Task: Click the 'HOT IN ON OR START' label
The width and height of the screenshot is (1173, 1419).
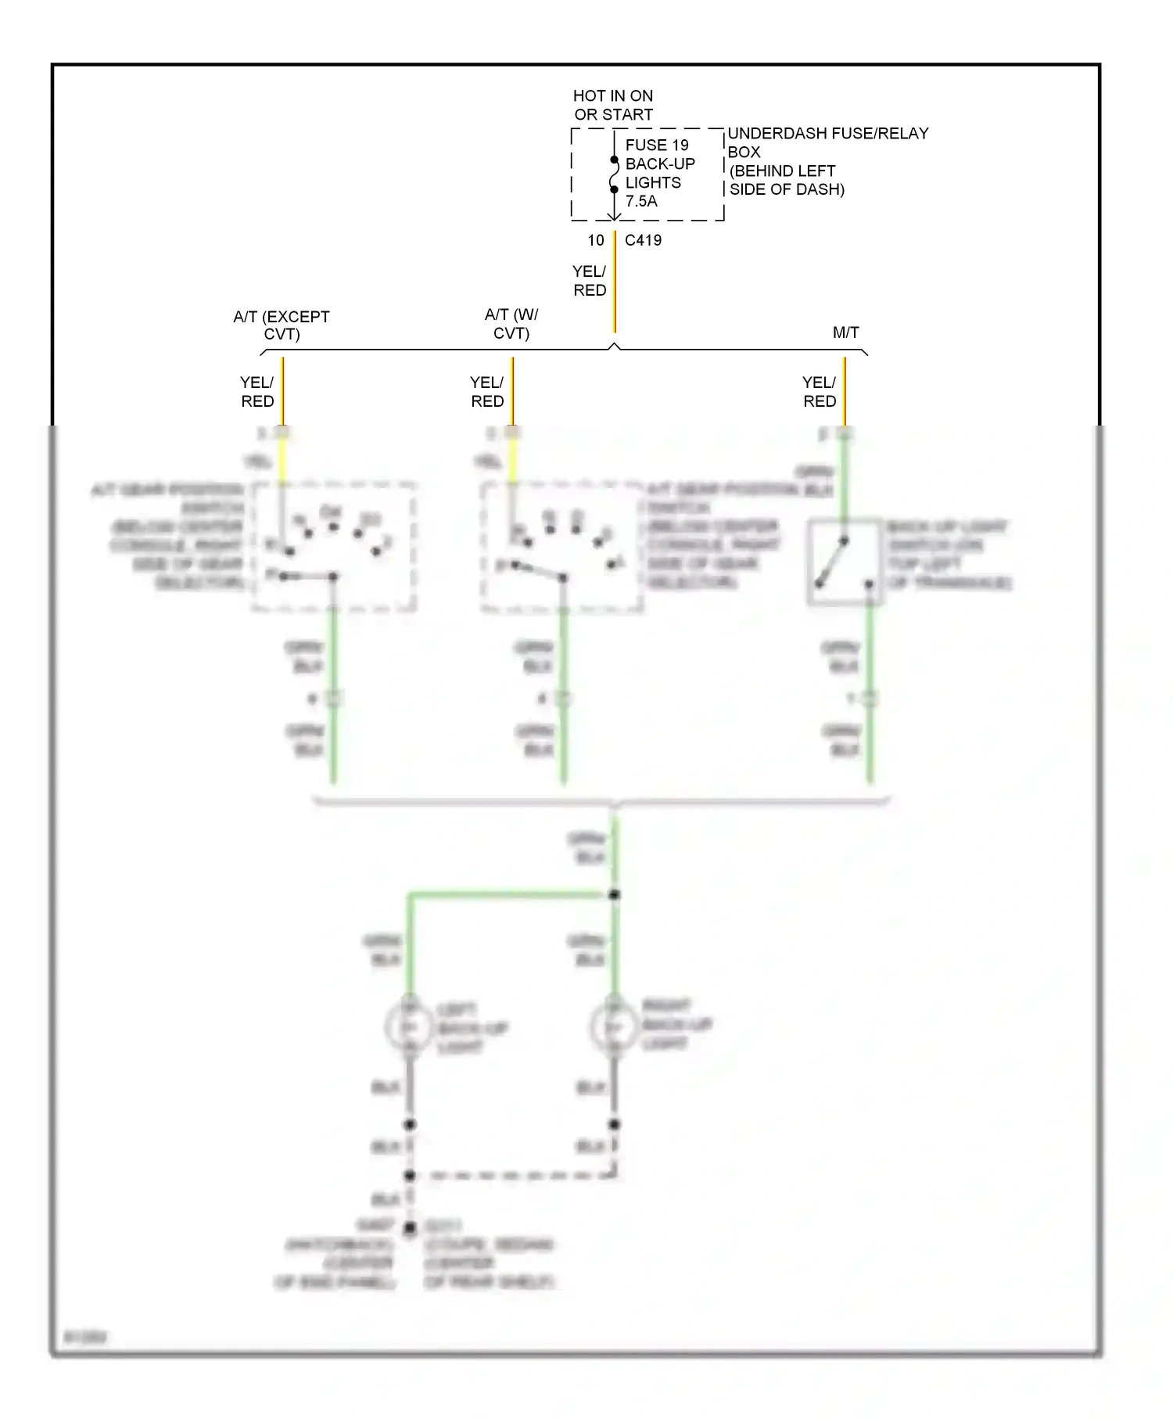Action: pyautogui.click(x=612, y=105)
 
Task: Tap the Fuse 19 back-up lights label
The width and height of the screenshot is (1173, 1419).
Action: pyautogui.click(x=658, y=173)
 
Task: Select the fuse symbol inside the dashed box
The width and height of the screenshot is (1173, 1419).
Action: pyautogui.click(x=614, y=174)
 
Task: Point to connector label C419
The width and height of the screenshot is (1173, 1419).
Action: pyautogui.click(x=643, y=240)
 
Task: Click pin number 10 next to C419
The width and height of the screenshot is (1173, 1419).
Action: pyautogui.click(x=596, y=240)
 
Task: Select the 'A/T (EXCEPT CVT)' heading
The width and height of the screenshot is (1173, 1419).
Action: pyautogui.click(x=282, y=325)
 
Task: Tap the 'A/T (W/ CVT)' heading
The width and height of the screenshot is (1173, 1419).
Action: pyautogui.click(x=511, y=323)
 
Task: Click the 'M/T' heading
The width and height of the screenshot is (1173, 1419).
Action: pyautogui.click(x=845, y=332)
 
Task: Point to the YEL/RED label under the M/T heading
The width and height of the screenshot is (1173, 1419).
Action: pyautogui.click(x=819, y=391)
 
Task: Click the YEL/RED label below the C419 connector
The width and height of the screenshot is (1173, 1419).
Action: pyautogui.click(x=589, y=280)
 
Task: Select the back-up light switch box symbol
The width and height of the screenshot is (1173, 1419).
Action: pyautogui.click(x=845, y=562)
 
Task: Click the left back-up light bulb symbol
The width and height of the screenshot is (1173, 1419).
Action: pyautogui.click(x=409, y=1026)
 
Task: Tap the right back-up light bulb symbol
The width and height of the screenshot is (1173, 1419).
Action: pyautogui.click(x=614, y=1026)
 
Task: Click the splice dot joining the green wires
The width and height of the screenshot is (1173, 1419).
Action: pyautogui.click(x=614, y=894)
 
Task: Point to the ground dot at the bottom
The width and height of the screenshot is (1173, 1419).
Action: pyautogui.click(x=409, y=1229)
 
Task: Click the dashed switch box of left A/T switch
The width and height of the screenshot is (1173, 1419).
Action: pyautogui.click(x=334, y=546)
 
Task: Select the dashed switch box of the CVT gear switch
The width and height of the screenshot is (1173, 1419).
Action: pyautogui.click(x=562, y=546)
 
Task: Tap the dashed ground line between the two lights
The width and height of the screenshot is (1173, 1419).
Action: pyautogui.click(x=512, y=1175)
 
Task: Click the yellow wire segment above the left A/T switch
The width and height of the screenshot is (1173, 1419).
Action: pyautogui.click(x=282, y=462)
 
